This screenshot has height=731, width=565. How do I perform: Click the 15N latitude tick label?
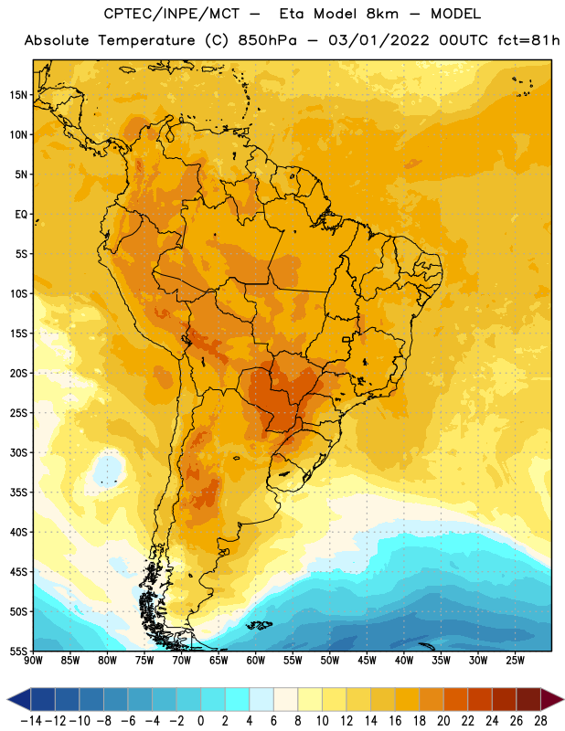(18, 95)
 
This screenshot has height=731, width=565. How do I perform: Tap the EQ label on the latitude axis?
(21, 215)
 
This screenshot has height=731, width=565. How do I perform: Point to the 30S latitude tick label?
(18, 452)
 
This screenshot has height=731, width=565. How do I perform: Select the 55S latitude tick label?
(18, 652)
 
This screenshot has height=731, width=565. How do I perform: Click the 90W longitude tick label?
(33, 660)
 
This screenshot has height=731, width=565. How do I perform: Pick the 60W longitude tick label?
(256, 660)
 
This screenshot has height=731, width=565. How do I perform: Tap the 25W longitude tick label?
(515, 660)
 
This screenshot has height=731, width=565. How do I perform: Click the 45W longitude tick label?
(367, 660)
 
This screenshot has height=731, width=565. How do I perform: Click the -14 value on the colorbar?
(31, 721)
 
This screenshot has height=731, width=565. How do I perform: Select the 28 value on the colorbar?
(540, 721)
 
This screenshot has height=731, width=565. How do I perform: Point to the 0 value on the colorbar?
(200, 721)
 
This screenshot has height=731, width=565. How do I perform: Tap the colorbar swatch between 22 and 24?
(480, 699)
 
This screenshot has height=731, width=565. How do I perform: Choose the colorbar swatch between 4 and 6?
(261, 699)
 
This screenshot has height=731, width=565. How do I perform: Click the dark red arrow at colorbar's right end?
(552, 699)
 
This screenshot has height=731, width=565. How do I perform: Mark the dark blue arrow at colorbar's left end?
(19, 699)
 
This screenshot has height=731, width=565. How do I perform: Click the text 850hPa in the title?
(267, 40)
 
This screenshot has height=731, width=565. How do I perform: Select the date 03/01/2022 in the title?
(378, 40)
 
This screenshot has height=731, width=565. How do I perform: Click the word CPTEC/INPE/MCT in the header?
(172, 14)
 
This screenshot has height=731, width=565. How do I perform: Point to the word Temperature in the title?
(147, 40)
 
